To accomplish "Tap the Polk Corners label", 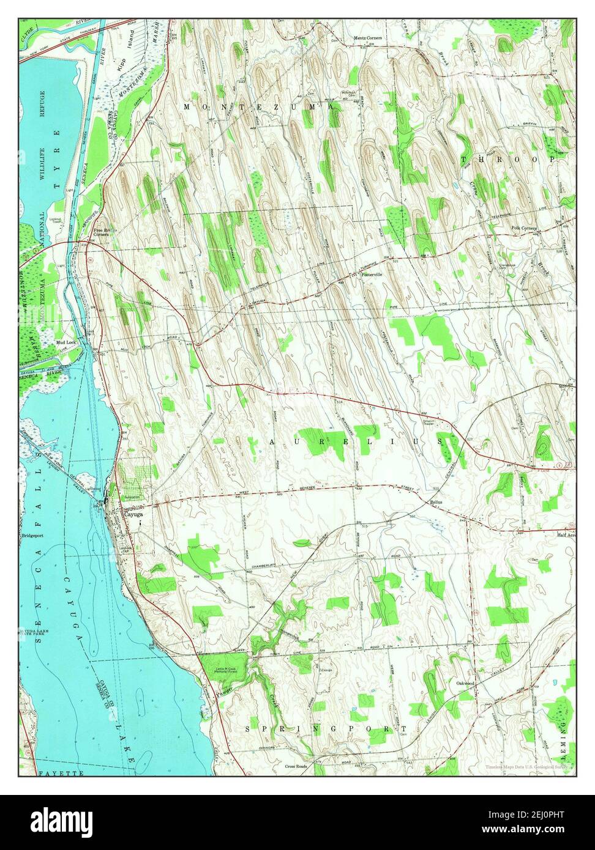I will tap(524, 228).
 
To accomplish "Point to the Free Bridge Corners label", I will tap(101, 232).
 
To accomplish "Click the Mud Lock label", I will tap(65, 342).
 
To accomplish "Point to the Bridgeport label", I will tap(34, 536).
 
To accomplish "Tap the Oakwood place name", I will tap(465, 682).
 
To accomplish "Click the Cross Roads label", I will tap(297, 766).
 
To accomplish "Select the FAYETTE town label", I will tap(61, 774).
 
